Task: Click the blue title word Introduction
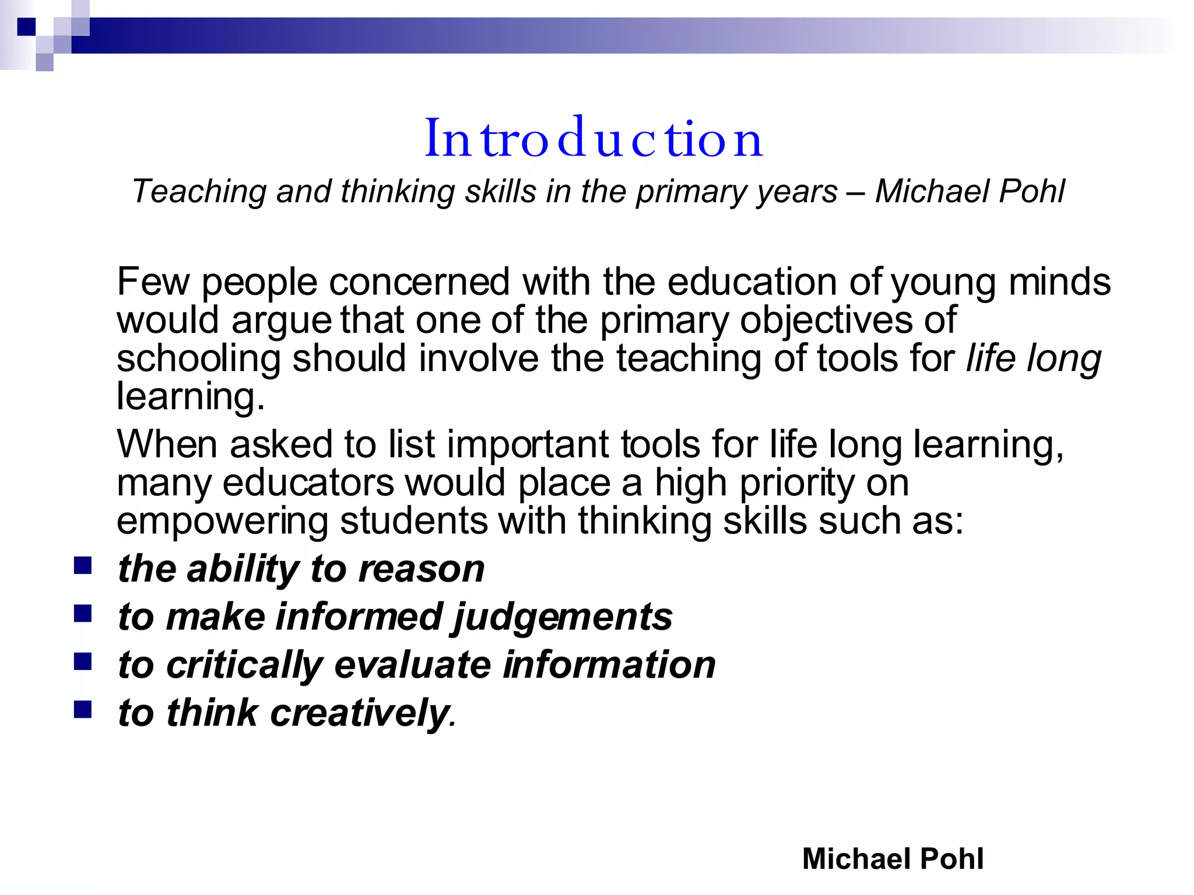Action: click(x=594, y=138)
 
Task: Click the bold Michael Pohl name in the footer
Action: click(x=893, y=858)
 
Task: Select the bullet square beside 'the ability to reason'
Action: click(x=83, y=565)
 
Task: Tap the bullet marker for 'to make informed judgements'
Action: click(x=83, y=613)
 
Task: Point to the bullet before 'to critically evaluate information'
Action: click(x=83, y=661)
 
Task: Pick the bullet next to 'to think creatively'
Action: click(x=83, y=709)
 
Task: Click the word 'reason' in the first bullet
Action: click(x=421, y=569)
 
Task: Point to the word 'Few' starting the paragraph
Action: click(x=153, y=281)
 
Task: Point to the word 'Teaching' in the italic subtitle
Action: click(x=199, y=191)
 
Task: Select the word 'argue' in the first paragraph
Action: click(x=281, y=321)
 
